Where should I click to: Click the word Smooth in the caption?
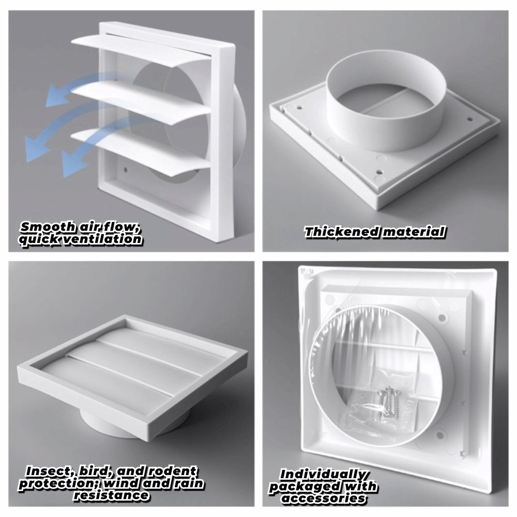(48, 227)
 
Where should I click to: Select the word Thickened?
(342, 232)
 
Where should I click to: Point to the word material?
(414, 232)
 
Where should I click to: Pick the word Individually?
(323, 475)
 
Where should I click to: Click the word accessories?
(324, 498)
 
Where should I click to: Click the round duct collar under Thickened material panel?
(386, 99)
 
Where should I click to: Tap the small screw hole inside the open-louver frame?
(125, 170)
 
